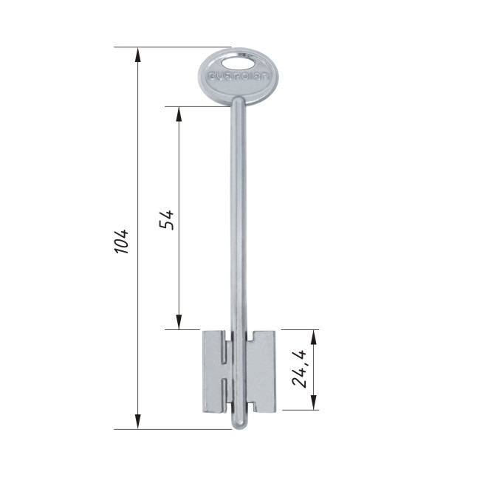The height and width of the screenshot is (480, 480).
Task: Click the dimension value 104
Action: (x=122, y=241)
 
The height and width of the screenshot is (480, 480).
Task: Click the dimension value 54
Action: (x=167, y=219)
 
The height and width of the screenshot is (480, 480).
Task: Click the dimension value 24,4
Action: (x=299, y=369)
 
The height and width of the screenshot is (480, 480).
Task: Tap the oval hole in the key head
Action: (x=237, y=64)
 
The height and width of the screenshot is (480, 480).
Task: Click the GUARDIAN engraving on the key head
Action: (x=238, y=76)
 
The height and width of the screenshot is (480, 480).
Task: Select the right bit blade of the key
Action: (x=261, y=371)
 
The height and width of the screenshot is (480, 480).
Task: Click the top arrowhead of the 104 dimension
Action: (x=138, y=55)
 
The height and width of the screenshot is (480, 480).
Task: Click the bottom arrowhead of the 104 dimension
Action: (x=138, y=421)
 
